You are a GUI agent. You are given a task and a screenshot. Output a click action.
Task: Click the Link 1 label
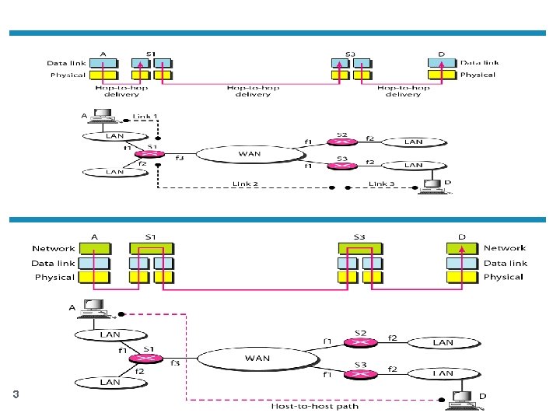coord(145,117)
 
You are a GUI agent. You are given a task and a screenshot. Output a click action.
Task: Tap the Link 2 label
coord(245,184)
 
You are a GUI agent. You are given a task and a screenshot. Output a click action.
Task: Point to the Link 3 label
coord(382,184)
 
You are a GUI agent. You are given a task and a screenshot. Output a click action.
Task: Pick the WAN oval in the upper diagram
coord(248,154)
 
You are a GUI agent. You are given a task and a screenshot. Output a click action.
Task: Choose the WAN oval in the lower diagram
coord(257,359)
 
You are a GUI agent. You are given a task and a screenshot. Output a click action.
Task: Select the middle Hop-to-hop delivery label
coord(253,91)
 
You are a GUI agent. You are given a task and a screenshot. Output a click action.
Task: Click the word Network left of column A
coord(54,249)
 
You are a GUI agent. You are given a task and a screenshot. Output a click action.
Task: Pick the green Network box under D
coord(462,249)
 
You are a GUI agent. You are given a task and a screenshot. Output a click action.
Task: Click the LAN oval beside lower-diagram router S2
coord(443,342)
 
